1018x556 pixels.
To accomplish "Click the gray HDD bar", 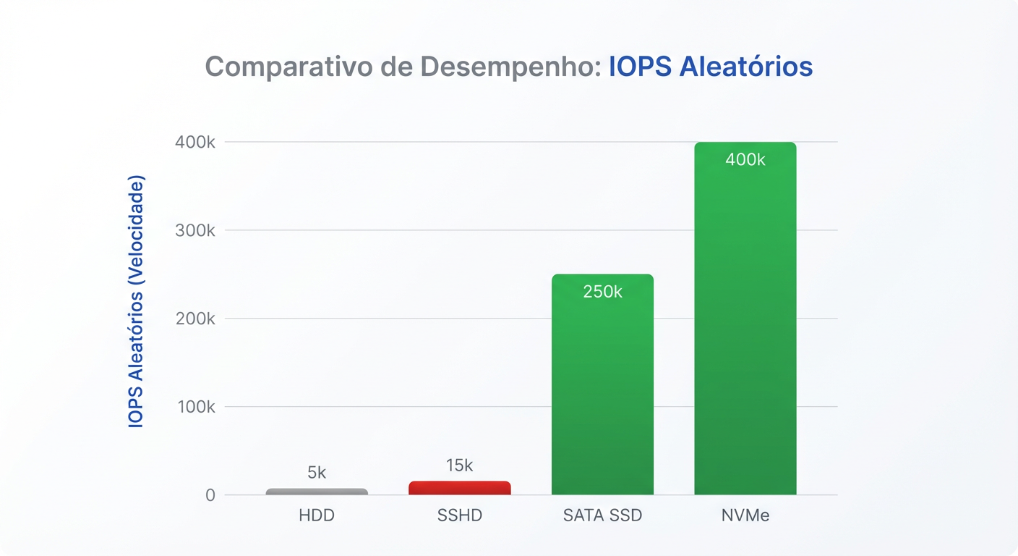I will coord(317,492).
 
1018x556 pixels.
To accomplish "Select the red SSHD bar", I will coord(459,488).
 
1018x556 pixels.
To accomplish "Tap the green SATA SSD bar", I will coord(602,391).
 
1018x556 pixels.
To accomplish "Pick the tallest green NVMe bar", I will coord(745,326).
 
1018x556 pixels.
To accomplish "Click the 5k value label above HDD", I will coord(317,473).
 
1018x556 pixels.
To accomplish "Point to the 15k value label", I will coord(459,466).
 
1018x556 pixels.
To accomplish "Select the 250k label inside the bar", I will coord(602,292).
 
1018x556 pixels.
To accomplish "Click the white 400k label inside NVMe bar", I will coord(745,160).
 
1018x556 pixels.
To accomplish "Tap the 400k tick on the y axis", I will coord(195,142).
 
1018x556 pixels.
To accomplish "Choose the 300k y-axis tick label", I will coord(195,230).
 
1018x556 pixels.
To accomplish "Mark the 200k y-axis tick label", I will coord(195,319).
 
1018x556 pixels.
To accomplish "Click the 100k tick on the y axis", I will coord(195,407).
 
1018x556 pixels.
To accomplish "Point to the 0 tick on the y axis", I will coord(210,495).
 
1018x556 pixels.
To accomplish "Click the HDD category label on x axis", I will coord(317,516).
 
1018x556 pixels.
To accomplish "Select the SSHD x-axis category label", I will coord(459,516).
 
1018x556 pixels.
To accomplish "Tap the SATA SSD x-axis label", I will coord(602,516).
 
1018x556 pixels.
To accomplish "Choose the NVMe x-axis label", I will coord(745,516).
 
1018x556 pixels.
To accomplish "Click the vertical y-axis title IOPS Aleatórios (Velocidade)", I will coord(136,301).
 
